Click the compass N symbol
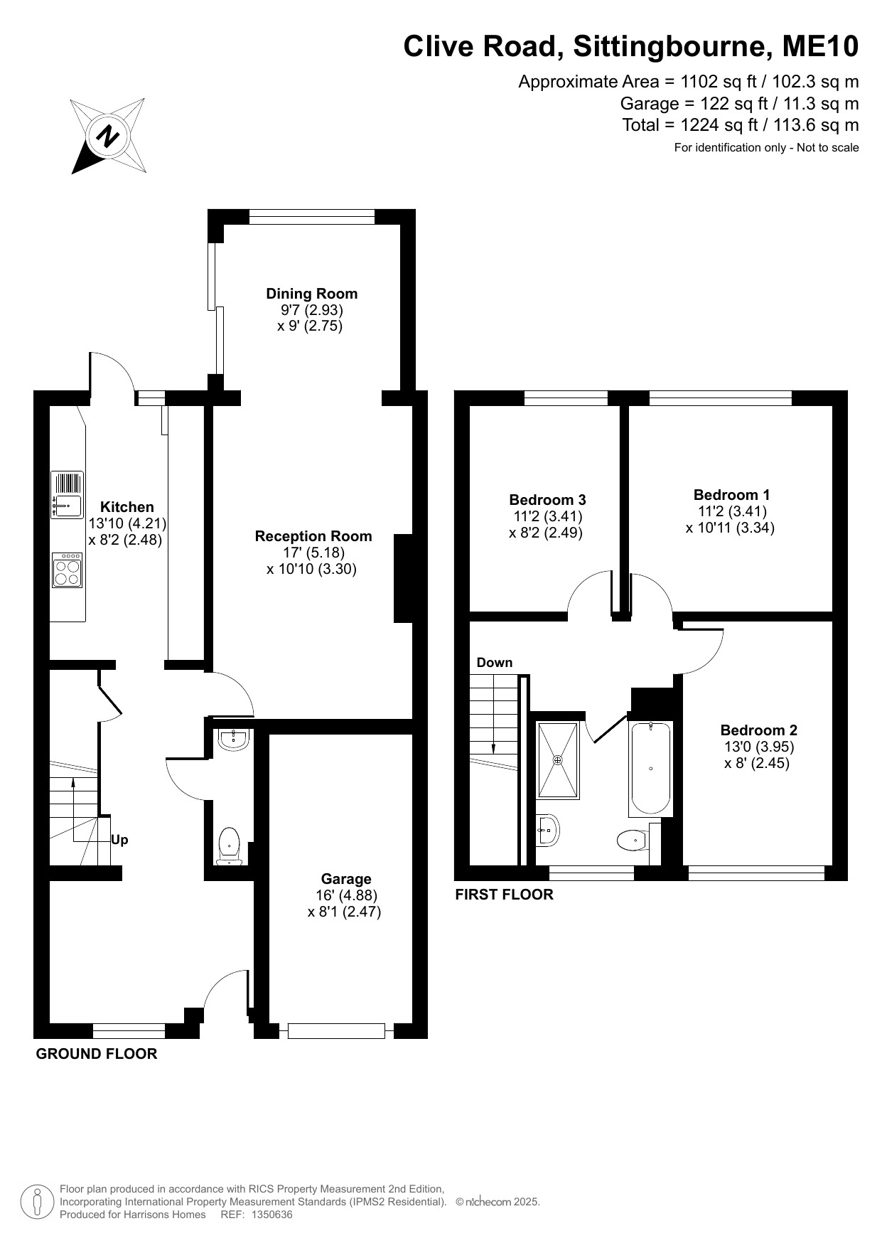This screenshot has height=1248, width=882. coord(109,136)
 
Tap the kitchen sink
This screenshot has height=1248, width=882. coord(68,495)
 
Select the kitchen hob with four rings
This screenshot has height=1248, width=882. coord(68,570)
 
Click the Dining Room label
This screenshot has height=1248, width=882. coord(312,294)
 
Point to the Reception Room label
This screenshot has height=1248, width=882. coord(313,536)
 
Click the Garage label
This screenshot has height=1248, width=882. coord(346,879)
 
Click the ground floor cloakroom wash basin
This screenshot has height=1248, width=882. coord(234,740)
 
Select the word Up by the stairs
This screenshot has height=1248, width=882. coord(119,840)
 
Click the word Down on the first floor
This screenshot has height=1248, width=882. coord(495,663)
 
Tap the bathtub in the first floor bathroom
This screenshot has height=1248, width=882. coord(650,769)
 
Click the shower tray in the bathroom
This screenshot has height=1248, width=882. coord(558,760)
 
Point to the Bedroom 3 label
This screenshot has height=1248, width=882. coord(547,500)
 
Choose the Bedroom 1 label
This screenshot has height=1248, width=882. coord(731,495)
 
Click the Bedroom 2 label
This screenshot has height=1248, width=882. coord(758,730)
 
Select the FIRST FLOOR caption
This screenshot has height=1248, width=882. coord(504,895)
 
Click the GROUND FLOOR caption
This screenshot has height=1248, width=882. coord(97,1054)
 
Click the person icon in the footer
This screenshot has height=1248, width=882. coord(37,1202)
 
